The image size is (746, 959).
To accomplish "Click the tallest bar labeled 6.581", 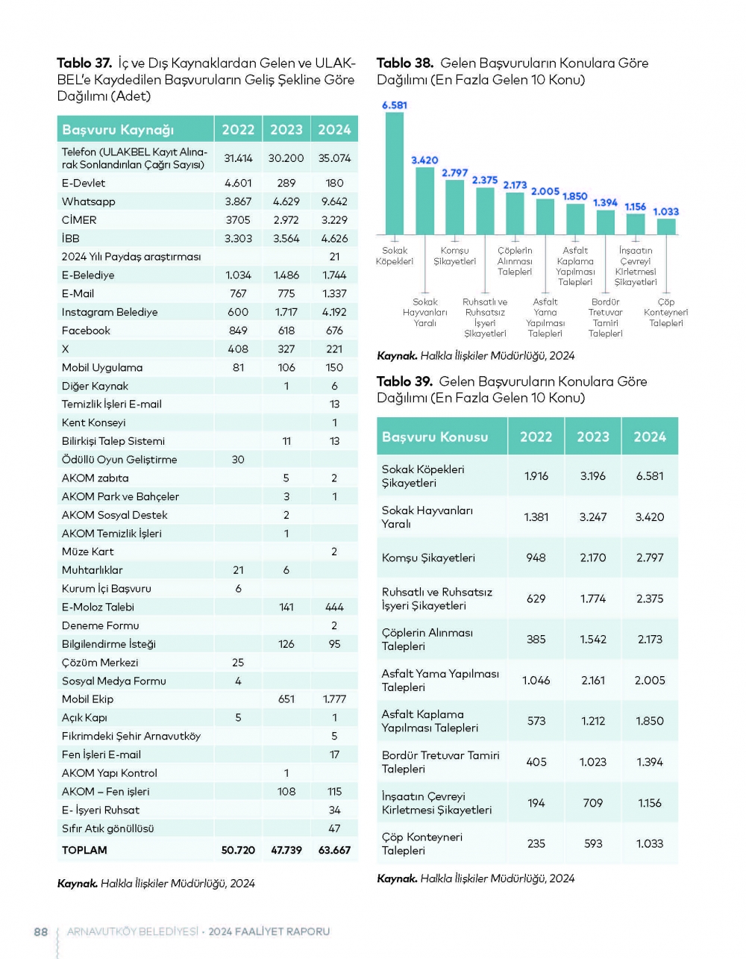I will click(x=394, y=173).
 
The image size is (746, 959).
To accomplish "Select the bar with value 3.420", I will click(x=424, y=201).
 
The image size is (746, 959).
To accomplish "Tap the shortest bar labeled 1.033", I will click(x=666, y=226).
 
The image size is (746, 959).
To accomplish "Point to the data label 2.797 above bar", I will click(x=454, y=172).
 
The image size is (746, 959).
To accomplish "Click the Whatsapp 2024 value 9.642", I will click(x=334, y=202).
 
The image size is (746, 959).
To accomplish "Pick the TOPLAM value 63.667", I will click(x=334, y=850).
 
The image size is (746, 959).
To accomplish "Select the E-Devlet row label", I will click(x=84, y=183).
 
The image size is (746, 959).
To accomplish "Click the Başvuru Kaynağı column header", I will click(x=118, y=130).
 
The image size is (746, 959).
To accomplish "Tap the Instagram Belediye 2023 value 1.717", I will click(x=286, y=312).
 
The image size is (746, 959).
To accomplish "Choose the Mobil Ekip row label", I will click(x=88, y=699).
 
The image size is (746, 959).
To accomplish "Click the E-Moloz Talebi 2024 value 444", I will click(x=334, y=607).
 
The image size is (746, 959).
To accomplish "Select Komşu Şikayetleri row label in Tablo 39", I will click(x=428, y=557).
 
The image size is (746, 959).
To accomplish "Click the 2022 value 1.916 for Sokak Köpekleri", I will click(x=536, y=476).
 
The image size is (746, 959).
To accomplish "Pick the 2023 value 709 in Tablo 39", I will click(x=593, y=803).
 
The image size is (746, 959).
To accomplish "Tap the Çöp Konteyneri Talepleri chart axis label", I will click(x=666, y=313).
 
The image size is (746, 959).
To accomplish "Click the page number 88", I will click(x=41, y=931).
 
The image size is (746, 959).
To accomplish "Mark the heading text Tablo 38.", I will click(x=405, y=63).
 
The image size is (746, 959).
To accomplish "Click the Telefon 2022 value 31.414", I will click(x=238, y=158).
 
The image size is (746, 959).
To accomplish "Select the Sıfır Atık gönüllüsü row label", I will click(x=108, y=828).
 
